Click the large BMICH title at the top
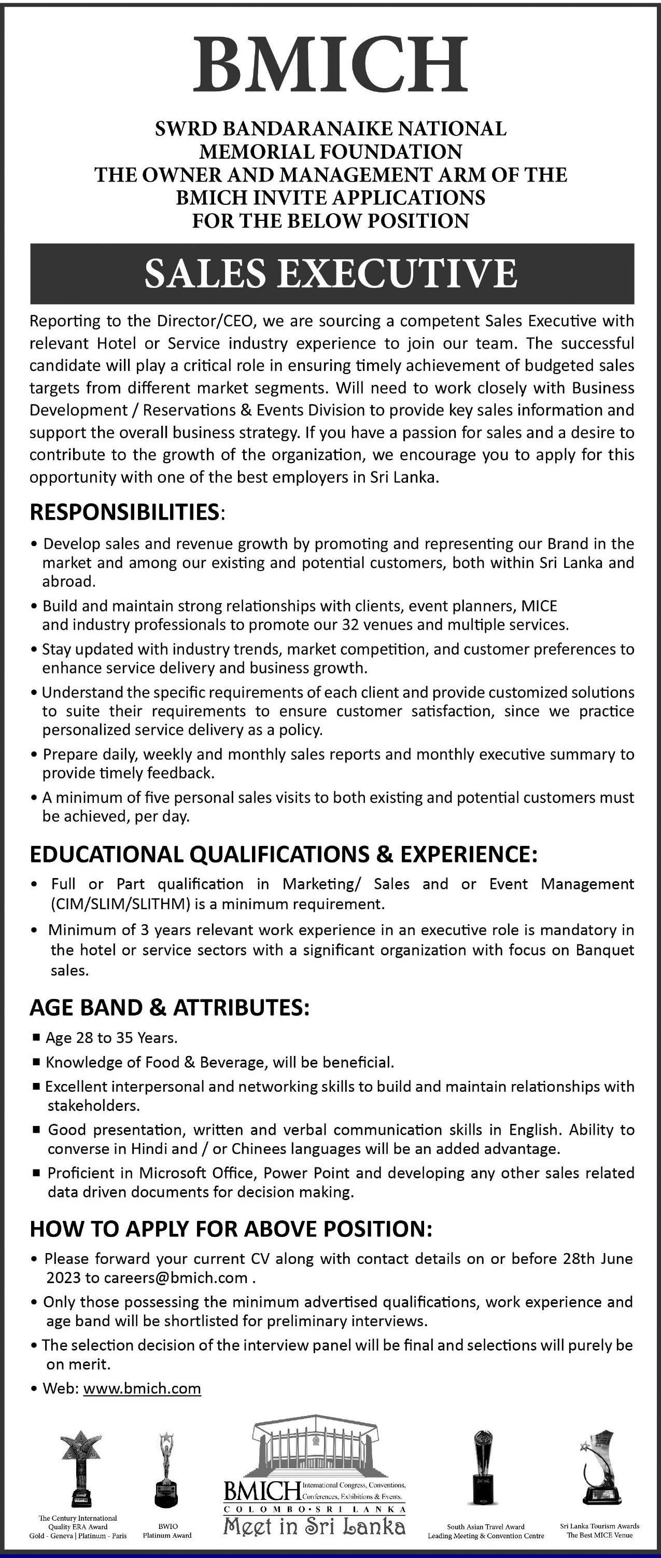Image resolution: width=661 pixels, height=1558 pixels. coord(330,63)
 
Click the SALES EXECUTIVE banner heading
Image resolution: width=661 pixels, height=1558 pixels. coord(331,273)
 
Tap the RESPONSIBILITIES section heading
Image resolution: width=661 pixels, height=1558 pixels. coord(124,512)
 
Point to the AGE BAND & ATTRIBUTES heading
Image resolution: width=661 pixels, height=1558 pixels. coord(170,1008)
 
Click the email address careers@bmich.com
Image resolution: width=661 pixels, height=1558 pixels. coord(175,1278)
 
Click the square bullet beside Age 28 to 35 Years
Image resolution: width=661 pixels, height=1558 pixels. coord(36,1038)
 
